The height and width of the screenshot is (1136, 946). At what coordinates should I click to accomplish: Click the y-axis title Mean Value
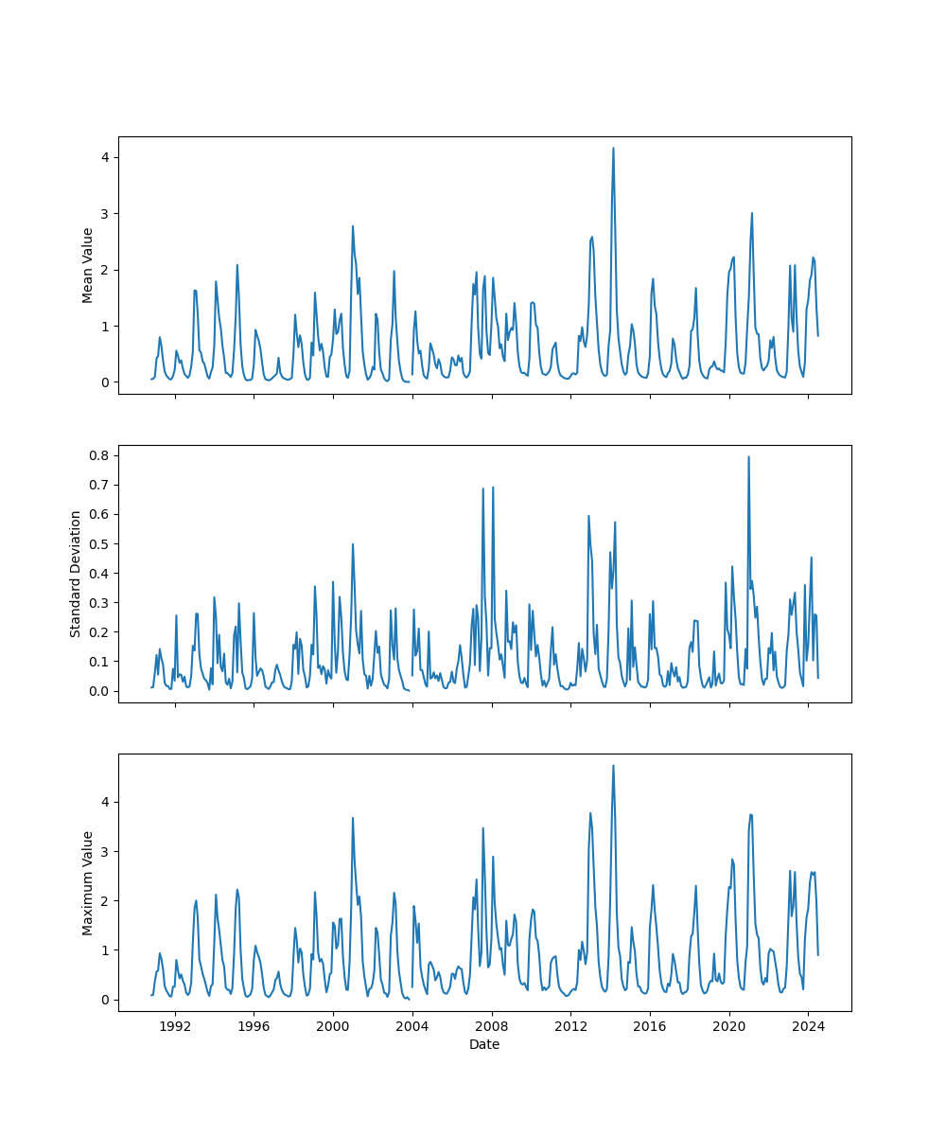88,265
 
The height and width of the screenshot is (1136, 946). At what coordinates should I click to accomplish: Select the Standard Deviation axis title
76,574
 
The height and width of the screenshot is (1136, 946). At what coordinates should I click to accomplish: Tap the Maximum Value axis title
88,882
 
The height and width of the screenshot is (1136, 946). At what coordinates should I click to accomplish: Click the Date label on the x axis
484,1044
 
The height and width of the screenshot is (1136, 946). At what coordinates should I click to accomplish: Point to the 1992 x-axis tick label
174,1026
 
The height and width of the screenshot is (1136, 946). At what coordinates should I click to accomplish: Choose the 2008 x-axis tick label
491,1026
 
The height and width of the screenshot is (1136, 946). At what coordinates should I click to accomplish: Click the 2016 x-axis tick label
649,1026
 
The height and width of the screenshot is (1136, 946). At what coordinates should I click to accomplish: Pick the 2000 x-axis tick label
333,1026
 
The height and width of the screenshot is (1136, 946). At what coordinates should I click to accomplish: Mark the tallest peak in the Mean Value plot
613,149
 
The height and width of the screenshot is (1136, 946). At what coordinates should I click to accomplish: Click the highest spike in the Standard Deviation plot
748,457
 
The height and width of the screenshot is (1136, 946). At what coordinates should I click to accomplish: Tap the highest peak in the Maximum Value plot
613,766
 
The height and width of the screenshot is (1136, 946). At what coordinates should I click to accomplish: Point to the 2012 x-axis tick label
570,1026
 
